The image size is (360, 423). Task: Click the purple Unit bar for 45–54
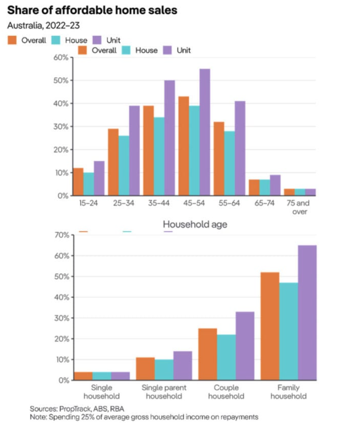(205, 132)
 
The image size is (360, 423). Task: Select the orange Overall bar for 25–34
(113, 162)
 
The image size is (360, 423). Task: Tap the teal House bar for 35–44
(159, 156)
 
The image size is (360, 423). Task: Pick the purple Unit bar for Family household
(307, 313)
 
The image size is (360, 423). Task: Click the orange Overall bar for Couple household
(207, 354)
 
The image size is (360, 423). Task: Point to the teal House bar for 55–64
(230, 163)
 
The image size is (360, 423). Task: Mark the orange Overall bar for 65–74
(254, 187)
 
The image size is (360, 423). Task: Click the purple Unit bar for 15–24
(99, 178)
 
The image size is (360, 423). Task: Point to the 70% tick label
(62, 235)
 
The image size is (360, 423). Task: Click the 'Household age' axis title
(195, 224)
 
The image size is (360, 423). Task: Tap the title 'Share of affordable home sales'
(92, 10)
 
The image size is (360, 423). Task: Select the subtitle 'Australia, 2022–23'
(43, 25)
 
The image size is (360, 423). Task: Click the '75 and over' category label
(298, 207)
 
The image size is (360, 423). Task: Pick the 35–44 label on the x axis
(159, 203)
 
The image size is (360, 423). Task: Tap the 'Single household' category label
(101, 392)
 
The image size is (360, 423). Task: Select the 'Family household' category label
(289, 392)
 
